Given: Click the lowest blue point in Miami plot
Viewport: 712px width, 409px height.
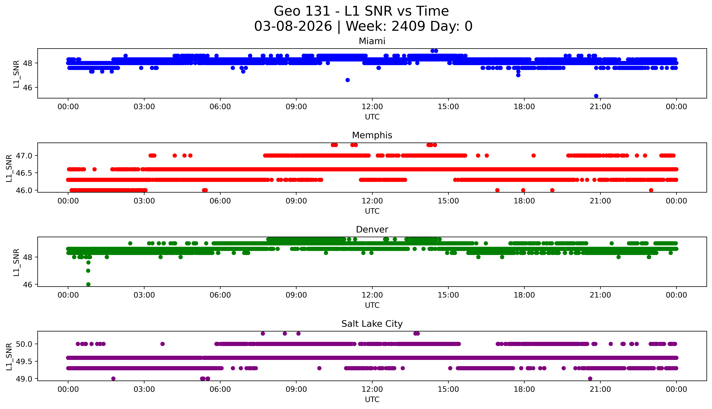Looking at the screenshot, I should [596, 96].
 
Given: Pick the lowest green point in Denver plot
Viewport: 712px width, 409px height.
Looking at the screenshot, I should [88, 284].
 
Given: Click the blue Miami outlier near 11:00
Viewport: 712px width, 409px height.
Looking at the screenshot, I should [348, 80].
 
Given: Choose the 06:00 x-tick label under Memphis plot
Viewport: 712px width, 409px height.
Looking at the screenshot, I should [220, 201].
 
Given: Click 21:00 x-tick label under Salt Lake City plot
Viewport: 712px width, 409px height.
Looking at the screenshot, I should [600, 389].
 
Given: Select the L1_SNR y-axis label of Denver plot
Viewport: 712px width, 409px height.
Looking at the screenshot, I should [16, 262].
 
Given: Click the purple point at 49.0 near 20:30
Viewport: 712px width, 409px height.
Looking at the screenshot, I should [590, 379].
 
